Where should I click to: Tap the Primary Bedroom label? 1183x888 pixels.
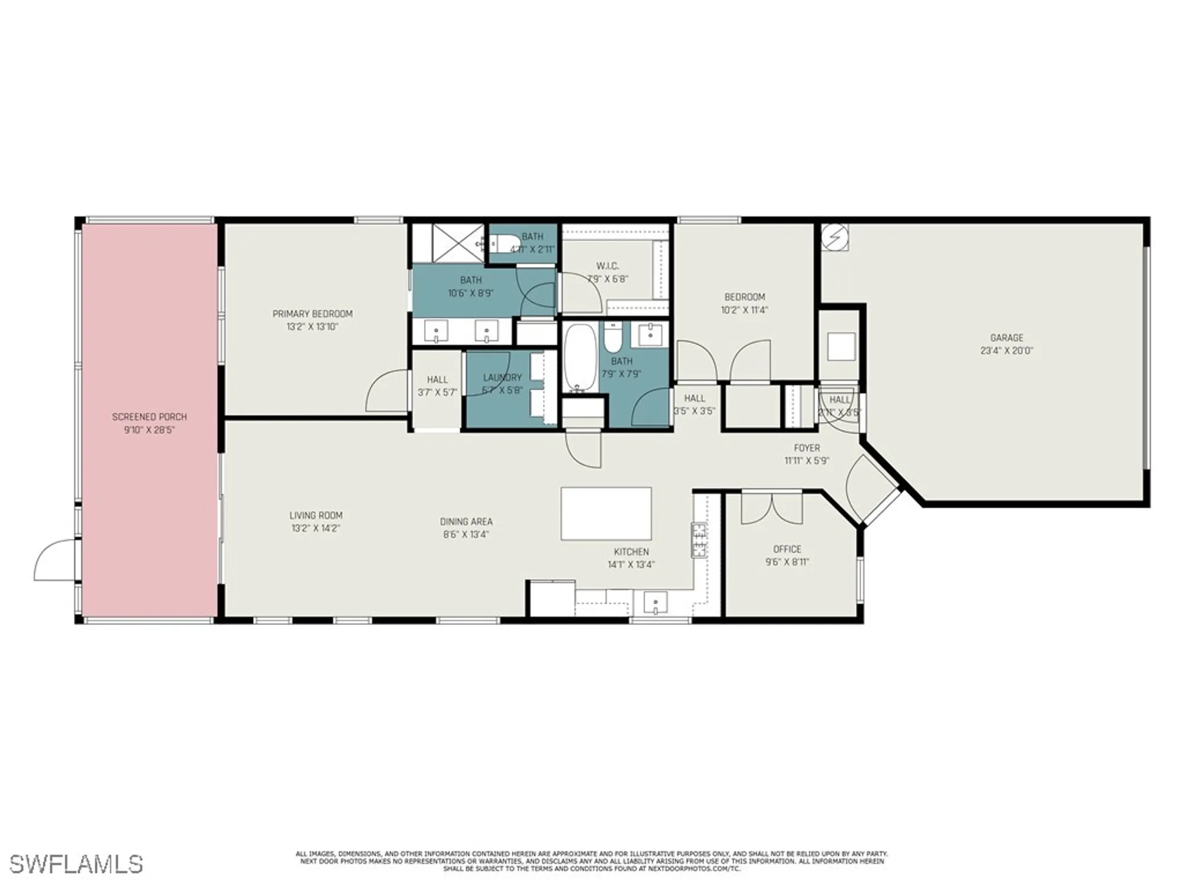click(312, 314)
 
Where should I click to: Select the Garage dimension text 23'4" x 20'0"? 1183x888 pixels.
click(1006, 350)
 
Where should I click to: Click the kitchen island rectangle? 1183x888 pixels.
click(606, 513)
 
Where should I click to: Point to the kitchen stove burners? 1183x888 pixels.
click(699, 539)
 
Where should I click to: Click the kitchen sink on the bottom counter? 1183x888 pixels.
click(655, 603)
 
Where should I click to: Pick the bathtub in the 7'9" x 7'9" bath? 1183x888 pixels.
click(579, 358)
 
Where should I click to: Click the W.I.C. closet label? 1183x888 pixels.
click(607, 266)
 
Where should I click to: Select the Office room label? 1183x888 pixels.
click(787, 549)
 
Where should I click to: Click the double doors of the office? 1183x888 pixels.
click(771, 509)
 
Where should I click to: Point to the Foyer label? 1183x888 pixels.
click(807, 448)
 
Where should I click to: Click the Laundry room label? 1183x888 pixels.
click(502, 377)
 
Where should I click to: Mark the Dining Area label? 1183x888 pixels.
click(466, 522)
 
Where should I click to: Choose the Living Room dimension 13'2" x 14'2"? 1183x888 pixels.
click(315, 528)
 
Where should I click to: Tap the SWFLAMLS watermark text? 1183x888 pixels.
click(76, 864)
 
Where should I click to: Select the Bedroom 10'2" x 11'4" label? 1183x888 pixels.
click(745, 297)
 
